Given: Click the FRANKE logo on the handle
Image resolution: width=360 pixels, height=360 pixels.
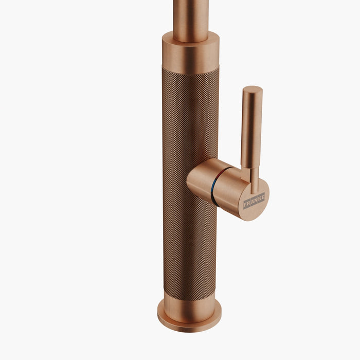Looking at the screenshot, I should tap(254, 201).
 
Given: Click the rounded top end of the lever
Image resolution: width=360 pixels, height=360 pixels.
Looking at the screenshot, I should tap(253, 89).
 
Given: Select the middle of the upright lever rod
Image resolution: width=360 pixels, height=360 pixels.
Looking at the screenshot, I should tap(251, 129).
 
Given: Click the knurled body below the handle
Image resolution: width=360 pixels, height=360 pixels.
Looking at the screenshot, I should tap(189, 247).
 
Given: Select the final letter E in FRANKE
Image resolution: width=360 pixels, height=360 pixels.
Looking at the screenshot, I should tap(263, 197).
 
